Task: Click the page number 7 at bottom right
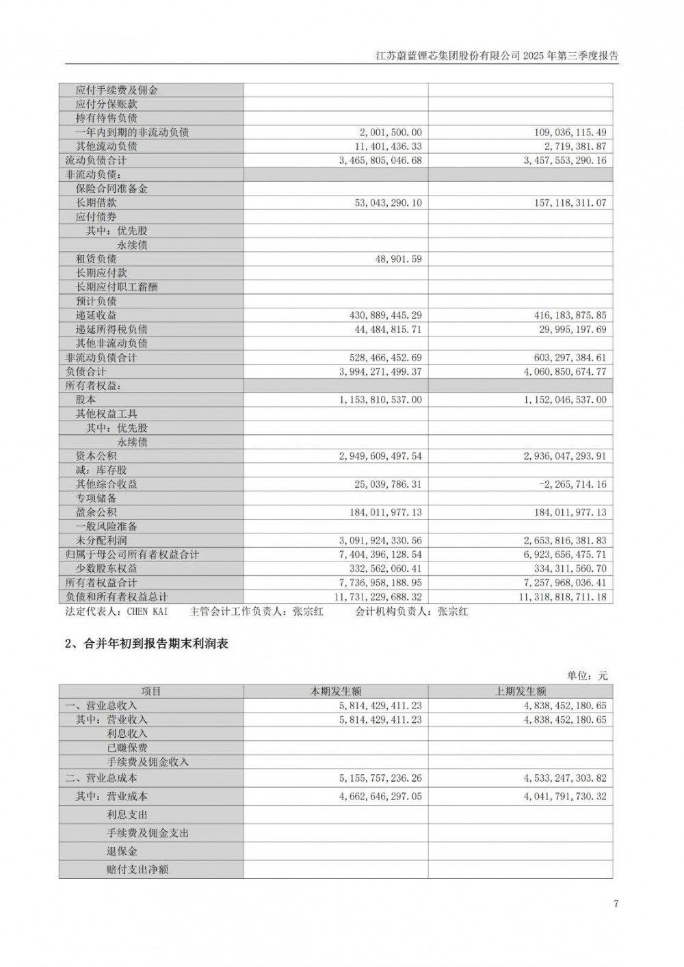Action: coord(616,904)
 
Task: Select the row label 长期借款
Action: coord(96,202)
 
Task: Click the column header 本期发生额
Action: coord(336,691)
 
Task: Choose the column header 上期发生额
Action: coord(521,691)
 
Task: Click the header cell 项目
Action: coord(151,691)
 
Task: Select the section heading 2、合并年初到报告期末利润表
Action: coord(146,644)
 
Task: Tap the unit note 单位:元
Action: coord(587,676)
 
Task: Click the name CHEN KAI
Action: coord(147,611)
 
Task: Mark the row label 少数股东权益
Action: coord(106,568)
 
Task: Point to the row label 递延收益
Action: coord(96,315)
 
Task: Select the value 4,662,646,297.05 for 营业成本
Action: coord(380,796)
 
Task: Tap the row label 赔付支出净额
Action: coord(137,869)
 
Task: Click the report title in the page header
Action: coord(497,55)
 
